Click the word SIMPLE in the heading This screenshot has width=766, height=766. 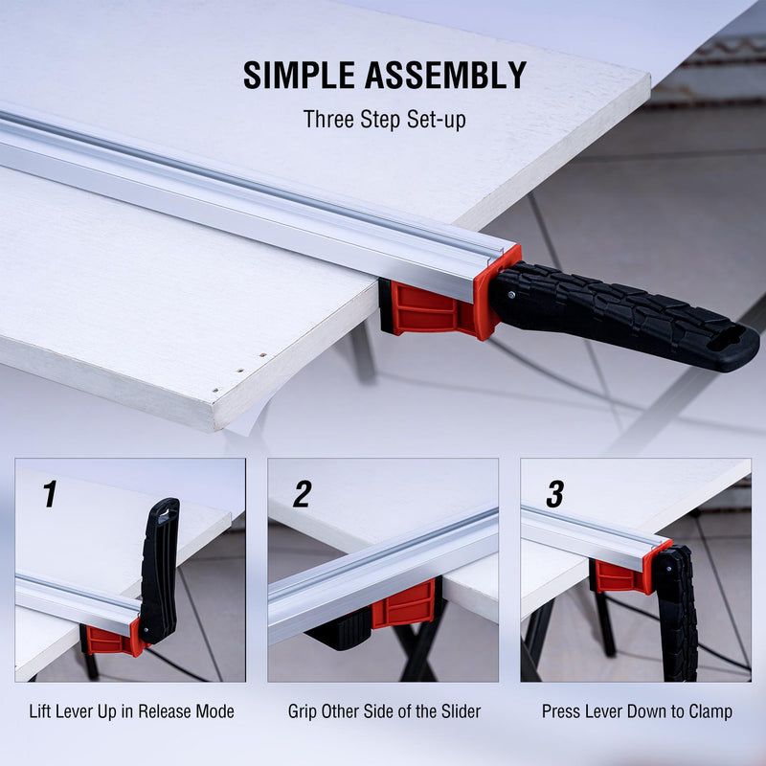tap(299, 76)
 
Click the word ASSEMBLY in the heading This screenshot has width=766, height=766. tap(444, 76)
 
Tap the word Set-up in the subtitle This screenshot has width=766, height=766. tap(437, 120)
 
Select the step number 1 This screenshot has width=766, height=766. tap(50, 493)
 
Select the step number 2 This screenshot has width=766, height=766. tap(302, 493)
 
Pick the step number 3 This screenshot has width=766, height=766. tap(555, 493)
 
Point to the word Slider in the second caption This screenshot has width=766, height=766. tap(461, 711)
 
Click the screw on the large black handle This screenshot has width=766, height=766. tap(511, 295)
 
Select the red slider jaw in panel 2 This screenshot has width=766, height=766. tap(404, 604)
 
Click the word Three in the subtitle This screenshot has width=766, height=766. tap(328, 119)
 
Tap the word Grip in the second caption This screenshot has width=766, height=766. tap(303, 711)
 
